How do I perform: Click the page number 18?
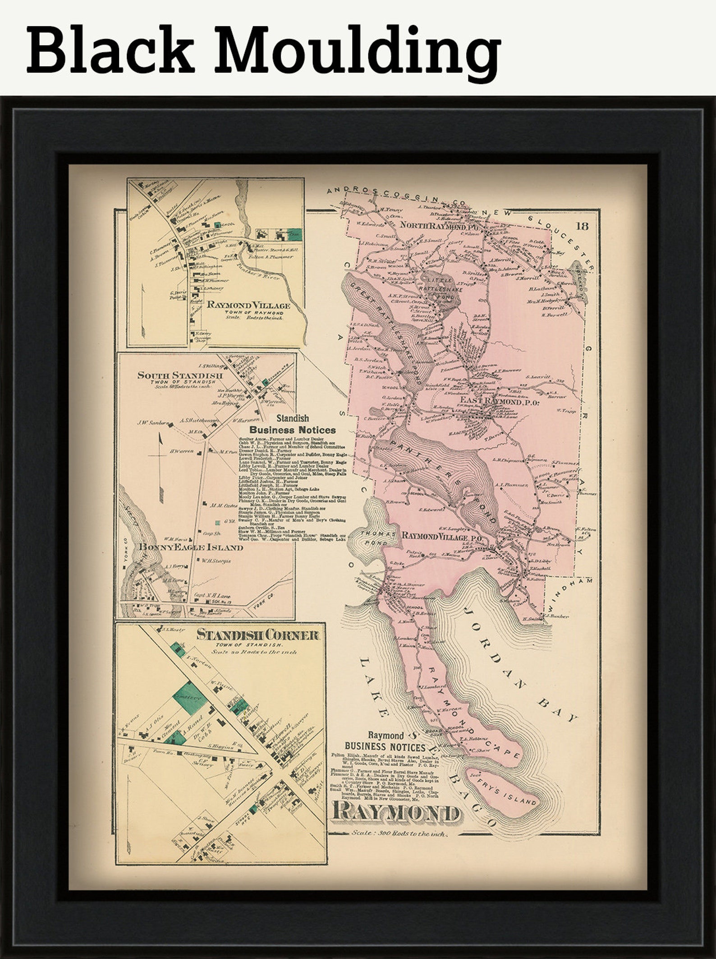582,226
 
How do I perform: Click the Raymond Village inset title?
248,306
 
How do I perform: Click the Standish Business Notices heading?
292,425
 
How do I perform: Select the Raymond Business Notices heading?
385,743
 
